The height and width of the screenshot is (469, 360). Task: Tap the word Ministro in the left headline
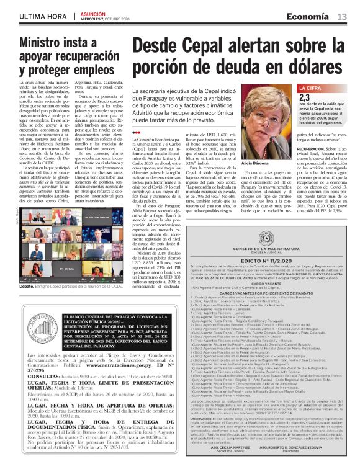coord(43,44)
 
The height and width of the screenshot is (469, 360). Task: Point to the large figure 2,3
coord(305,97)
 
